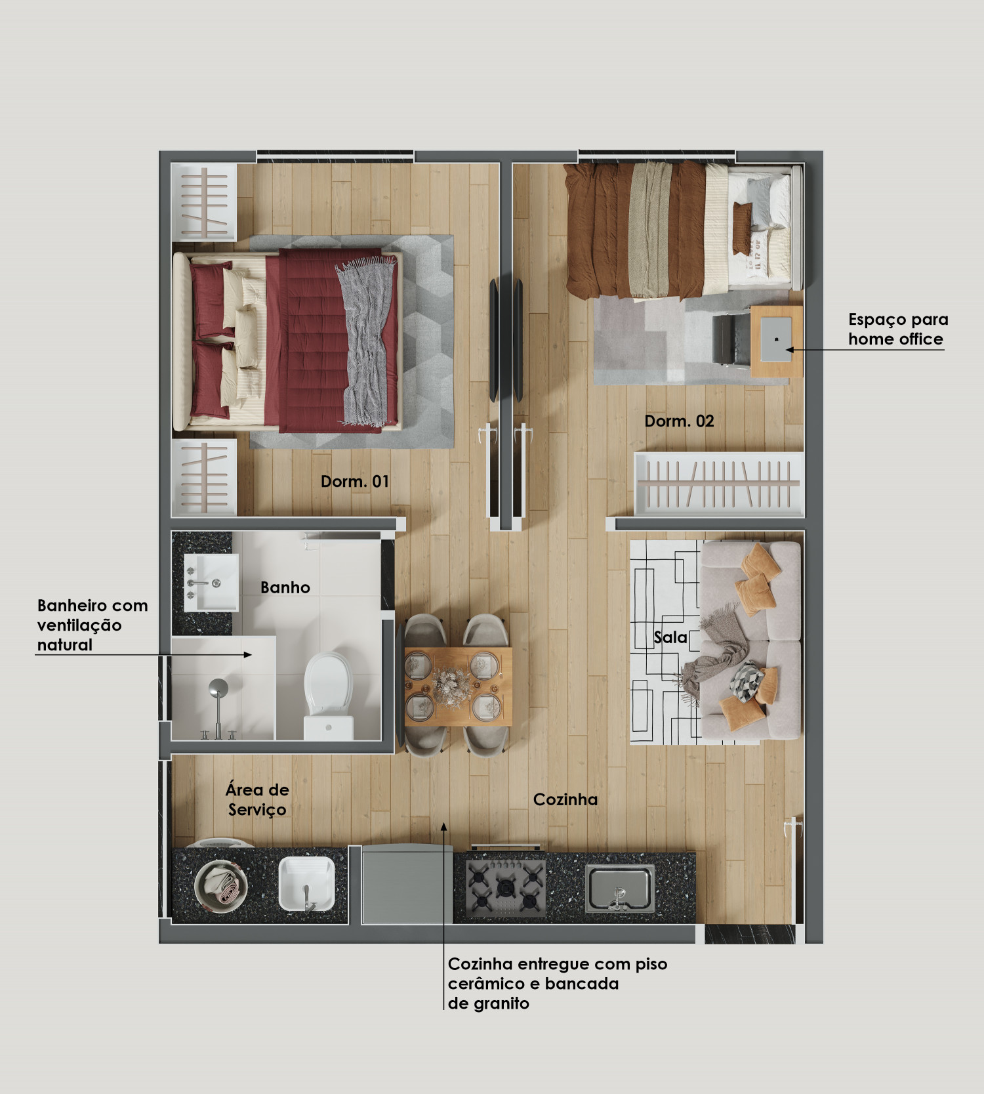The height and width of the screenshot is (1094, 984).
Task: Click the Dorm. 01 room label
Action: point(355,482)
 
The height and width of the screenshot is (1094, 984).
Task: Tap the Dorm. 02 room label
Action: point(679,421)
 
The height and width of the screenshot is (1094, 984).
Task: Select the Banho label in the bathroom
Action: point(285,587)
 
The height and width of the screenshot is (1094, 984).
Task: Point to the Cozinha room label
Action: point(565,799)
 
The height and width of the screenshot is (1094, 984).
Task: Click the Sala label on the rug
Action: point(670,637)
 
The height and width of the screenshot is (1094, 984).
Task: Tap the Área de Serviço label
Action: point(257,799)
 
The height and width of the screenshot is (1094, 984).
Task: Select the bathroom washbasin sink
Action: point(211,582)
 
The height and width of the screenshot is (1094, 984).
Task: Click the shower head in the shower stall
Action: point(218,688)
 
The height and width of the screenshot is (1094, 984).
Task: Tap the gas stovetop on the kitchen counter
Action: point(506,888)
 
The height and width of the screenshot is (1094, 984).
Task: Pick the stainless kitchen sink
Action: point(619,888)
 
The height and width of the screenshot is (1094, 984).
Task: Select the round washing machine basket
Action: point(221,885)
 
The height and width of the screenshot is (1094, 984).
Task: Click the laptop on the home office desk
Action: point(777,339)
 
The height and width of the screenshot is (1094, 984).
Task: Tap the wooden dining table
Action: point(458,686)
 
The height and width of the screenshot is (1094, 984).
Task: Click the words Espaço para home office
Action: point(897,329)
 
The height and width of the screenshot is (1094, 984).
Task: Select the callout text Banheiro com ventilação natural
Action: point(92,625)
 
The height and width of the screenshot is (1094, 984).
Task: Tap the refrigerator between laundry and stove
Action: point(407,885)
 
